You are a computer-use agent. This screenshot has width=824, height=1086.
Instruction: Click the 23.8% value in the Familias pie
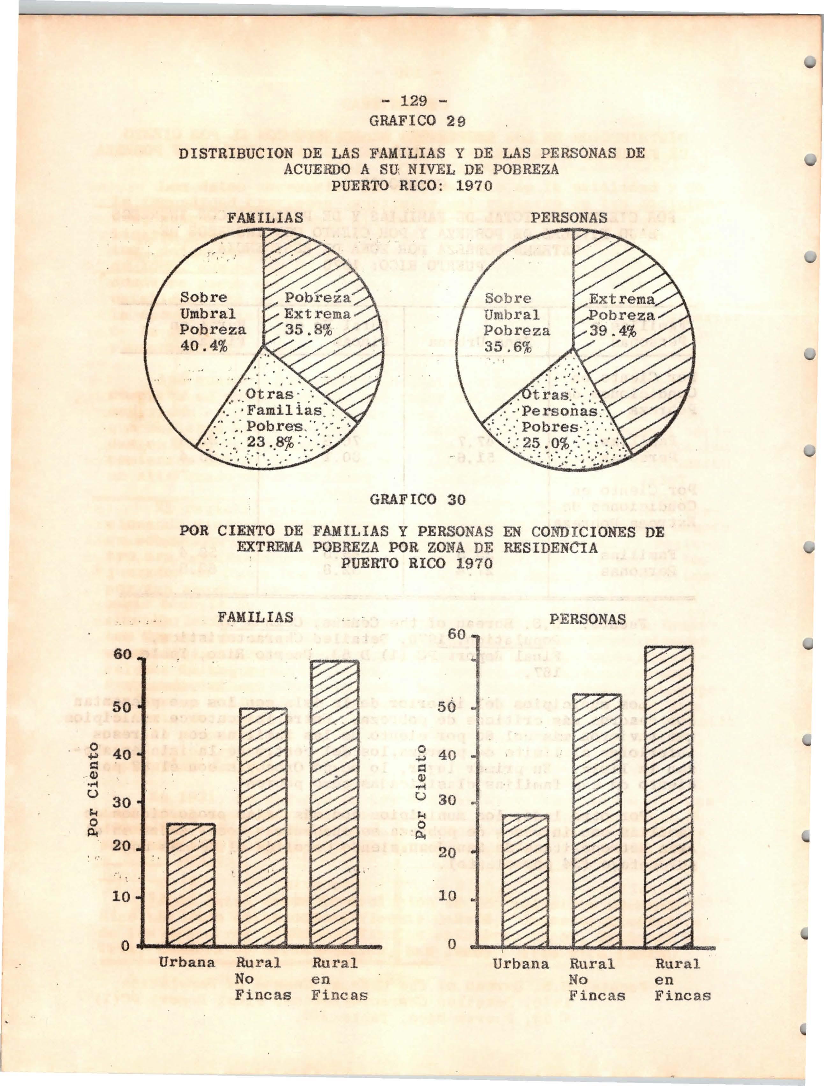pos(270,442)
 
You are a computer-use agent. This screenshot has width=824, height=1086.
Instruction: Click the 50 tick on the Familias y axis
pos(122,708)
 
